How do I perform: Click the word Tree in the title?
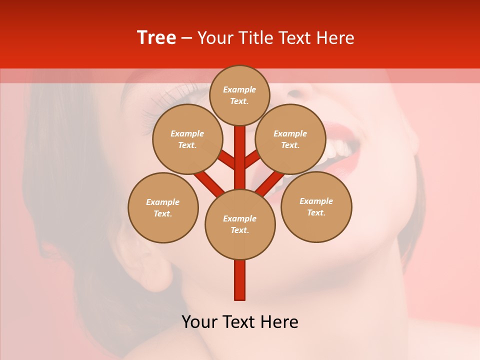[156, 38]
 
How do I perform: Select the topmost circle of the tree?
[239, 95]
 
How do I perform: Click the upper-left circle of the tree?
[187, 139]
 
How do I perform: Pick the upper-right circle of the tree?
[290, 139]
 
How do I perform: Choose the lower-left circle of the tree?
[163, 207]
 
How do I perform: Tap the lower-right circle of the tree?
[316, 206]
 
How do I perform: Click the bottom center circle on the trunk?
[240, 224]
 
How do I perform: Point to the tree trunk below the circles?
[240, 280]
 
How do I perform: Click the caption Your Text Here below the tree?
[240, 322]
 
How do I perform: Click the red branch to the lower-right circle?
[270, 182]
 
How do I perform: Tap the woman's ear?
[150, 265]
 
